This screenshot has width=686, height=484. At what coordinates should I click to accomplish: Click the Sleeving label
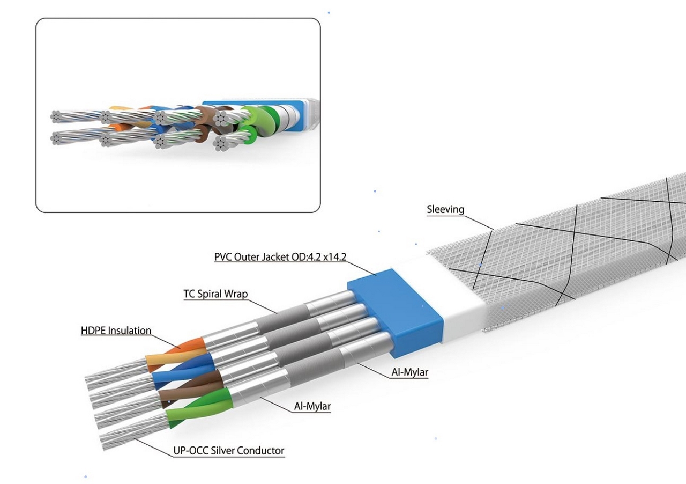(x=445, y=209)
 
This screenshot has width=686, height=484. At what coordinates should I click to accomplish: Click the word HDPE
(x=93, y=331)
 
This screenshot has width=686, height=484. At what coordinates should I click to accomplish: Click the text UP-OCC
(x=190, y=451)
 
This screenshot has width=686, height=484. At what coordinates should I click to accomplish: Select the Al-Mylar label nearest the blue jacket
(x=409, y=372)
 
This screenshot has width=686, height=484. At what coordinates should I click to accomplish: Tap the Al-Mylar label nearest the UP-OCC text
(x=312, y=407)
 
